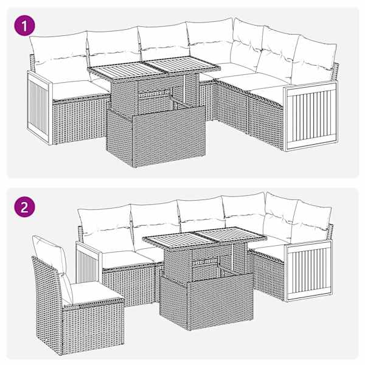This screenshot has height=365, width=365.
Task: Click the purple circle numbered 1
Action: [x=25, y=26]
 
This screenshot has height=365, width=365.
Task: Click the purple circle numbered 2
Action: [x=25, y=207]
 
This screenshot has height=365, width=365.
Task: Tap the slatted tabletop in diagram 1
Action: [x=154, y=68]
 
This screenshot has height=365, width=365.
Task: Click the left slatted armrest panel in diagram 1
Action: [x=39, y=108]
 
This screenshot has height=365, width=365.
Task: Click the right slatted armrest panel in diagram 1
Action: [x=310, y=115]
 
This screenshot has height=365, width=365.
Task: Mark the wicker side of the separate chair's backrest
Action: [x=47, y=302]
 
